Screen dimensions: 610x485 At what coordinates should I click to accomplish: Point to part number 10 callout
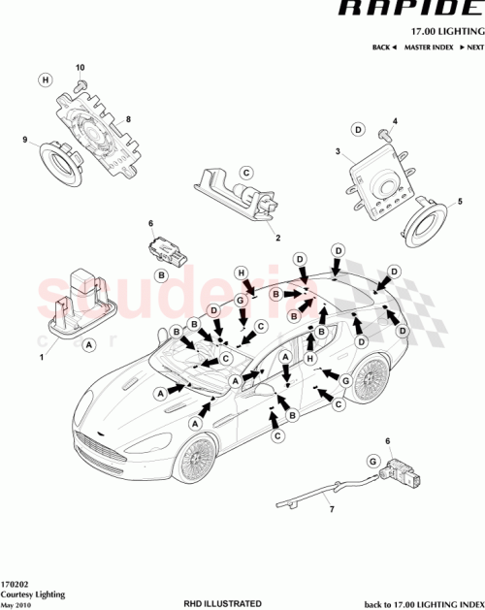coord(81,68)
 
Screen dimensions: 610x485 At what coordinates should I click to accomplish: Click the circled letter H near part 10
coord(45,80)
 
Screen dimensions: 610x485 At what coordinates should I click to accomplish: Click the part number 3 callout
coord(337,152)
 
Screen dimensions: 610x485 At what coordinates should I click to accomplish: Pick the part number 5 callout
coord(460,201)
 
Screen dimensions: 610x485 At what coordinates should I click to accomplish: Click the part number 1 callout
coord(42,357)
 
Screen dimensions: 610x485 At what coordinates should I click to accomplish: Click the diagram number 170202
coord(16,585)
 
